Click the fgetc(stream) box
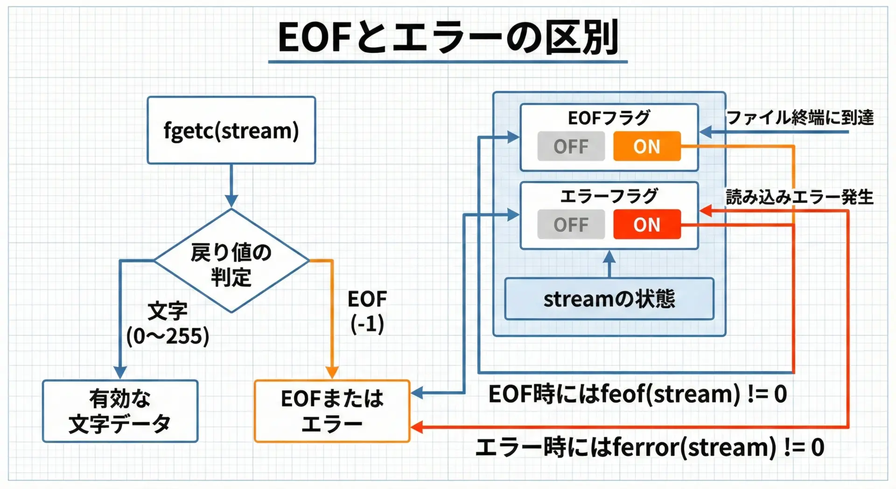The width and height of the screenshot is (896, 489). click(x=231, y=130)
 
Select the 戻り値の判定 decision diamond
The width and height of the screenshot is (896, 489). click(x=231, y=261)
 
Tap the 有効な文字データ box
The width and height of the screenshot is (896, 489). click(x=120, y=411)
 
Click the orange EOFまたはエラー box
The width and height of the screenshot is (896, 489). click(x=332, y=411)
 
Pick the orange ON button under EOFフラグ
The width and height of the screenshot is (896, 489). click(x=647, y=146)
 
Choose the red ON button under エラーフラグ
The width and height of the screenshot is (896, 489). click(x=647, y=225)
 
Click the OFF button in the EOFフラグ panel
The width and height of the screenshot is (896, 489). click(x=571, y=146)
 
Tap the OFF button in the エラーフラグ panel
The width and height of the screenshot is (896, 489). click(x=571, y=225)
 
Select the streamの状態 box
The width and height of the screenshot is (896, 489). click(x=609, y=299)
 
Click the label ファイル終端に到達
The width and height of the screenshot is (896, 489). click(x=800, y=117)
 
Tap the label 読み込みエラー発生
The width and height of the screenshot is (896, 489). click(x=799, y=197)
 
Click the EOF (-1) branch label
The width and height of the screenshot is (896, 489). click(x=367, y=311)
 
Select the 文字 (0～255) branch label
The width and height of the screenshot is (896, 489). click(x=168, y=324)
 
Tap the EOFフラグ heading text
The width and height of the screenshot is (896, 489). click(x=609, y=118)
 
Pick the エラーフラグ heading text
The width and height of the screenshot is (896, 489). click(x=609, y=196)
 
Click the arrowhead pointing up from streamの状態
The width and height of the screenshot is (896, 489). click(x=609, y=256)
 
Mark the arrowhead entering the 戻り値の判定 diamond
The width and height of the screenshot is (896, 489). click(x=231, y=201)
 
